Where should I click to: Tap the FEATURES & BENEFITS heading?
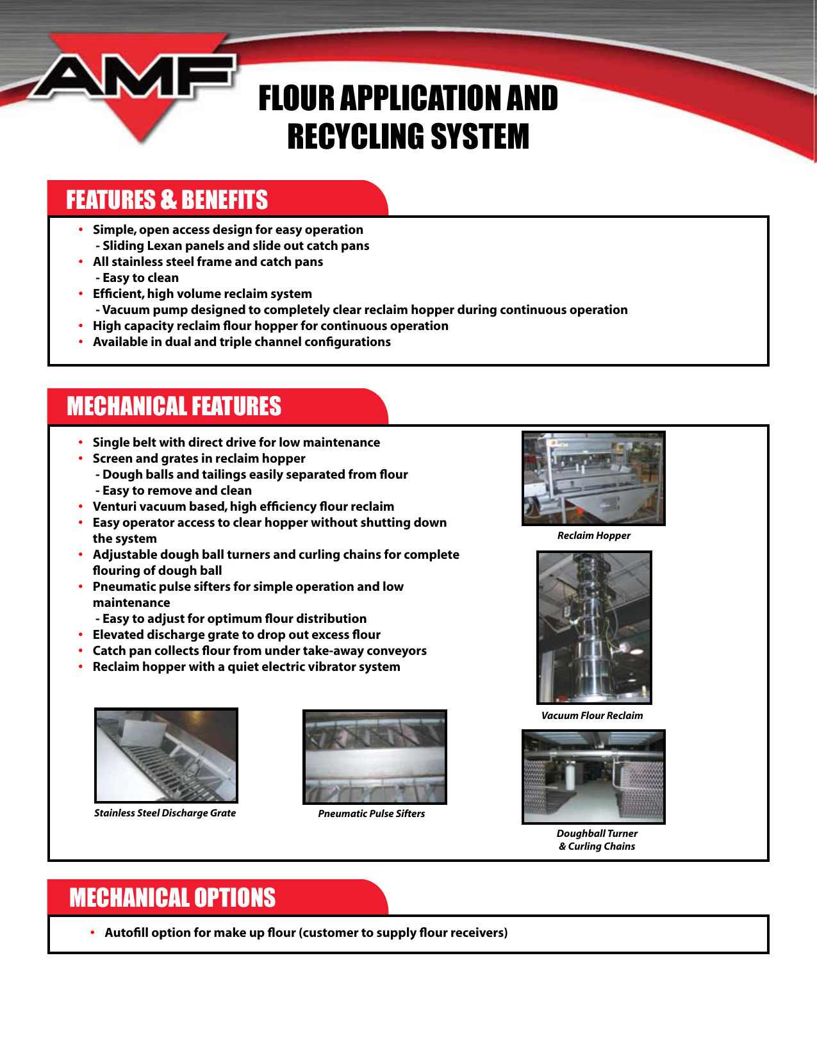pyautogui.click(x=167, y=200)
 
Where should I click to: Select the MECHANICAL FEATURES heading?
pyautogui.click(x=174, y=406)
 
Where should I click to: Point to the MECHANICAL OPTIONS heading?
pyautogui.click(x=172, y=897)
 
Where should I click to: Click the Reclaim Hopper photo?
pyautogui.click(x=593, y=478)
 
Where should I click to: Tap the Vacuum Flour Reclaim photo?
pyautogui.click(x=593, y=627)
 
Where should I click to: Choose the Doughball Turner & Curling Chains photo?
pyautogui.click(x=593, y=777)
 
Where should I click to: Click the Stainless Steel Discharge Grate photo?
pyautogui.click(x=166, y=755)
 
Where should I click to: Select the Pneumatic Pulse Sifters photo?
pyautogui.click(x=374, y=757)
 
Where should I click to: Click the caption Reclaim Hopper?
pyautogui.click(x=593, y=536)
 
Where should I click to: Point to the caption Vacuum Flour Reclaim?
pyautogui.click(x=591, y=716)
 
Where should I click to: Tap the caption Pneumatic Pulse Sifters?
pyautogui.click(x=371, y=814)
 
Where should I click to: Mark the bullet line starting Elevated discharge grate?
pyautogui.click(x=236, y=635)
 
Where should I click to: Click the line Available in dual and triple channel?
pyautogui.click(x=242, y=342)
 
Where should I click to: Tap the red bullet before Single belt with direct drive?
pyautogui.click(x=81, y=443)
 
